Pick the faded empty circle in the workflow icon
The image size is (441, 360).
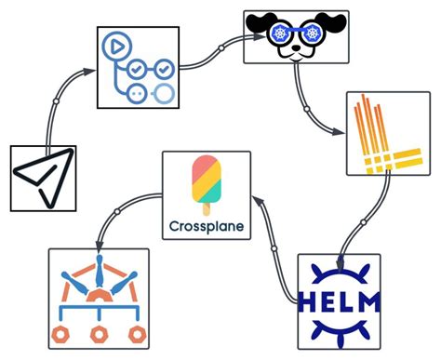(x=163, y=92)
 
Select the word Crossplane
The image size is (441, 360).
(x=206, y=225)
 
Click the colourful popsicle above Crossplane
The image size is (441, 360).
(x=206, y=181)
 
